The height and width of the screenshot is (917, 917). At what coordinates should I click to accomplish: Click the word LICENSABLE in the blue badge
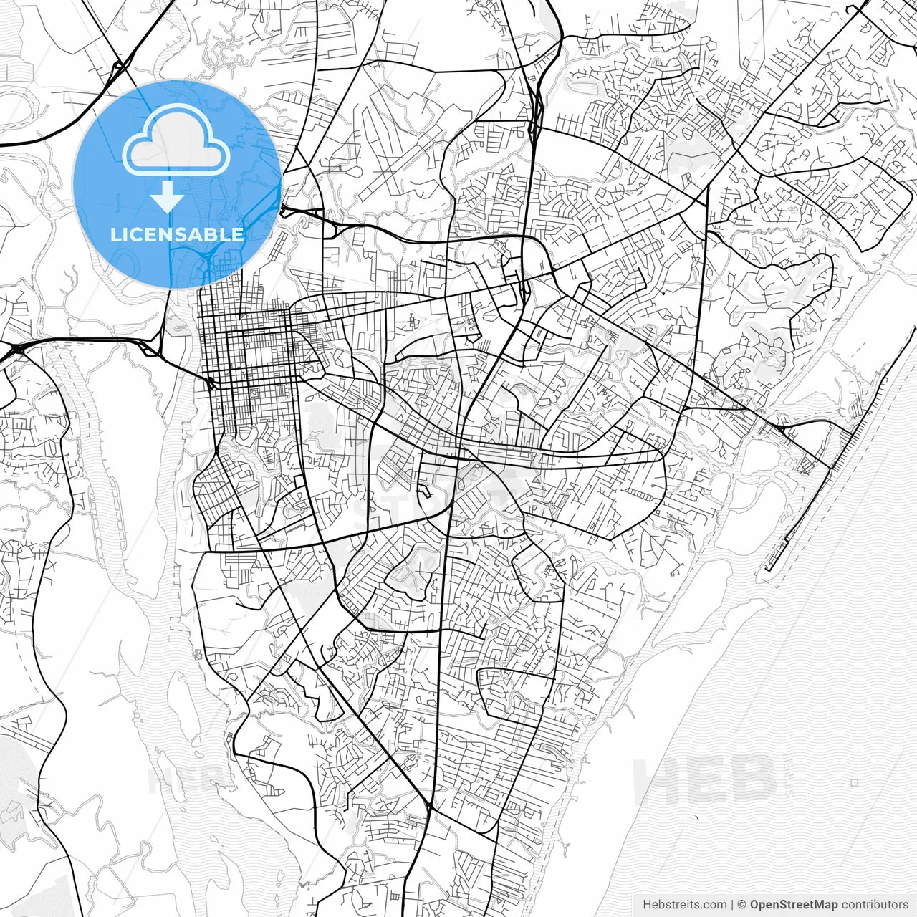[177, 234]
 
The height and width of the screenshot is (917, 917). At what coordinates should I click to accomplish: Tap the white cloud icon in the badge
[176, 140]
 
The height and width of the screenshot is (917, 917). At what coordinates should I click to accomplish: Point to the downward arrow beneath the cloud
[167, 196]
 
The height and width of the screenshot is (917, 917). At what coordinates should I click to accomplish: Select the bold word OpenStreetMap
[793, 905]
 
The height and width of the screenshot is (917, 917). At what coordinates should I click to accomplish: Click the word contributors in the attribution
[875, 905]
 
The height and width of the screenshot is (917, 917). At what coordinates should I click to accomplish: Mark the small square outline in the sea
[854, 783]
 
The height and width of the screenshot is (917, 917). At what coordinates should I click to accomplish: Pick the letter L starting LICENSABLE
[115, 234]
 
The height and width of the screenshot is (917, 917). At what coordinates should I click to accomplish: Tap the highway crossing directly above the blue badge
[119, 68]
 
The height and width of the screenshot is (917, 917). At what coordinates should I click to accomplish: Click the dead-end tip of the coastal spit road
[767, 569]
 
